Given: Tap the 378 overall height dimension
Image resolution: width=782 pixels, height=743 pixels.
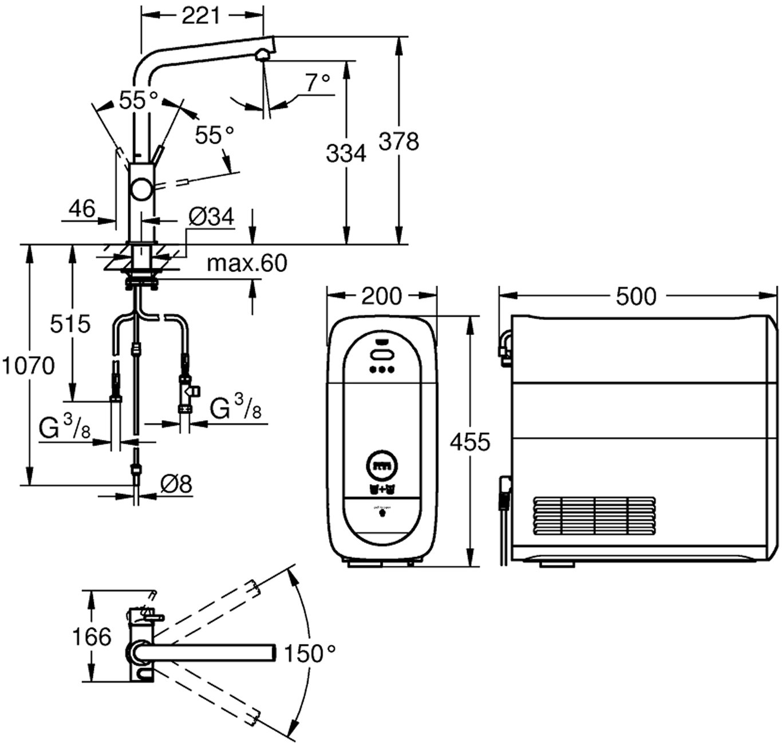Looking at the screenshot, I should [x=399, y=141].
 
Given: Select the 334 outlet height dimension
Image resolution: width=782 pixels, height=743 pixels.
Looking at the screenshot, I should [x=346, y=153].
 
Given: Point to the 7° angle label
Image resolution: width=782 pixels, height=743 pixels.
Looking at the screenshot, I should [x=318, y=84].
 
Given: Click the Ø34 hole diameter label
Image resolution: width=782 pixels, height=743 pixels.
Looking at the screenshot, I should [x=211, y=217].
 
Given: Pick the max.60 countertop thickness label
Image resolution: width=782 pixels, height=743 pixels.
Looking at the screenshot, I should [x=247, y=263].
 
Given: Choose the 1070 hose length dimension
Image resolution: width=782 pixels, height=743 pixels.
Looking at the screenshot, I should [x=28, y=365].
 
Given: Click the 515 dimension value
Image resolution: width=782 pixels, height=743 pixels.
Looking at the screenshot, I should [x=70, y=324].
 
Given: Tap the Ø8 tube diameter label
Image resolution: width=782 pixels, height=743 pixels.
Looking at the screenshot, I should [x=176, y=485].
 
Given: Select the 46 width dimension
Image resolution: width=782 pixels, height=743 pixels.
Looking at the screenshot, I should [x=82, y=209].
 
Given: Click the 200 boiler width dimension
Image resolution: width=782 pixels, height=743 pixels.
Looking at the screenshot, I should [x=382, y=296].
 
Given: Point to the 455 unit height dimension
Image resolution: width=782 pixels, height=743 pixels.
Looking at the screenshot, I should [x=470, y=442].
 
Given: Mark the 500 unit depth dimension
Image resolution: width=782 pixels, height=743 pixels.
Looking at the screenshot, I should [x=636, y=296].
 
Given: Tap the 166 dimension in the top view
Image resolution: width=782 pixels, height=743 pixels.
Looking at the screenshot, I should [x=92, y=637].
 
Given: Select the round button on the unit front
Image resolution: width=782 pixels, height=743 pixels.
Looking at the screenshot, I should [x=382, y=465].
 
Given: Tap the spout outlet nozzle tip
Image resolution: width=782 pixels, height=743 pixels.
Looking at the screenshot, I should [x=262, y=56].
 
